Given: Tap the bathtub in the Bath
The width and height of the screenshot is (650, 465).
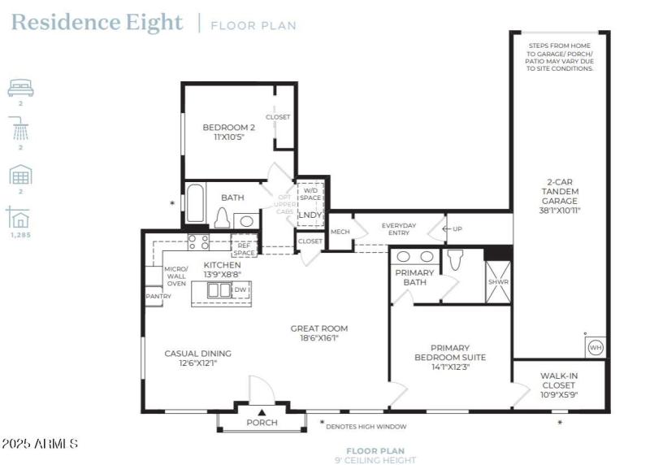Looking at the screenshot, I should coord(196,204).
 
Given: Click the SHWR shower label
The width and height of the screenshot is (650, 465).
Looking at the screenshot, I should coord(497,283).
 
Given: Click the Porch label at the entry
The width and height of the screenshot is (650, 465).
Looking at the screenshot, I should coord(262,423).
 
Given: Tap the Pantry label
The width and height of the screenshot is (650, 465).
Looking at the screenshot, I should coord(158,297).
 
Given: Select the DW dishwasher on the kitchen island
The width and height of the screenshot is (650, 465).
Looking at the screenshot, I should coord(240,289).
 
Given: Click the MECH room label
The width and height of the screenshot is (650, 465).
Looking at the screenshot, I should coord(340,232).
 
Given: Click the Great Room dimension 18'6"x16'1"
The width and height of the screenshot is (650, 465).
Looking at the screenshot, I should coord(319,339).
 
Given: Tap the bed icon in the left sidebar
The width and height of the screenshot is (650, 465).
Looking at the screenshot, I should coord(20,88).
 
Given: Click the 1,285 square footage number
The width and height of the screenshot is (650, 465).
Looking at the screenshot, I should coord(20,235).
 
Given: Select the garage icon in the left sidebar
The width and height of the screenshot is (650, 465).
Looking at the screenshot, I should coord(20,175).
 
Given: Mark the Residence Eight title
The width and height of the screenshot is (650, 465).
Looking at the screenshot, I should coord(97,22).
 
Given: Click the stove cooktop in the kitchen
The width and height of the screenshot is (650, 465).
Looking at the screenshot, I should coord(198,241).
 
